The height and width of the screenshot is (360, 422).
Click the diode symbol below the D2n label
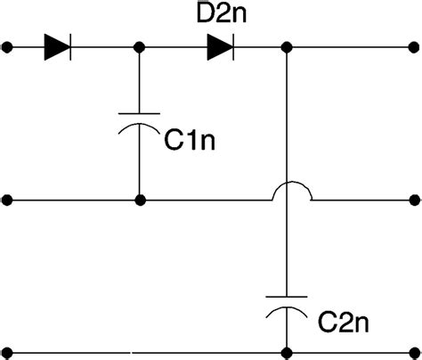[x=219, y=46]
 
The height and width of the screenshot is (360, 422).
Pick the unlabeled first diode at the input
[x=56, y=46]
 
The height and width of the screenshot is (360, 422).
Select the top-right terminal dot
[x=413, y=46]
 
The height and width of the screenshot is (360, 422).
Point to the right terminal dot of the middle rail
[x=413, y=200]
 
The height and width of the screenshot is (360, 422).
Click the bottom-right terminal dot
[x=413, y=350]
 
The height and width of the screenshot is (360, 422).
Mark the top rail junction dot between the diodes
[x=139, y=46]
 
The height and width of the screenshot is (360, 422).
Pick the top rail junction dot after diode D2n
[x=287, y=46]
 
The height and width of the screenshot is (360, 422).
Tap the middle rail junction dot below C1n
[x=139, y=200]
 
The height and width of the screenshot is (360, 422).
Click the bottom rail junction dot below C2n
[x=287, y=350]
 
